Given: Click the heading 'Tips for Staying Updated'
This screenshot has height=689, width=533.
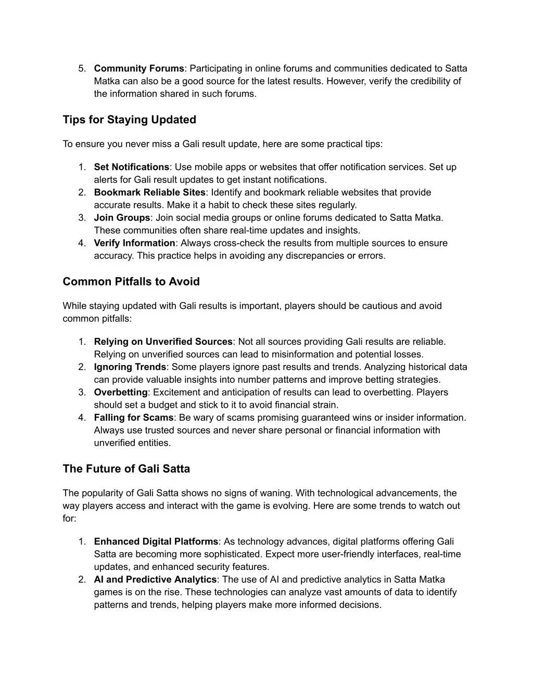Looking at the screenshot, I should (x=129, y=120).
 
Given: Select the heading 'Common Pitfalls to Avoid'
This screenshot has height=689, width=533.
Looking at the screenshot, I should (x=131, y=281).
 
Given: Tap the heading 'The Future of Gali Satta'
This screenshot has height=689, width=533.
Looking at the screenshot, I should (x=126, y=469).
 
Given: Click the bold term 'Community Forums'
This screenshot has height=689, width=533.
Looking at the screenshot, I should (x=139, y=69).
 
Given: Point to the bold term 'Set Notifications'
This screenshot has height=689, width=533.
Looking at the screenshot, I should (x=131, y=167).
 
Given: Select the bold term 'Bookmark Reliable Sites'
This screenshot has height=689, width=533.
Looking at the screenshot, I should (x=149, y=192).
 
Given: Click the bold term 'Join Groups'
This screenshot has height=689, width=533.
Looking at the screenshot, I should (x=122, y=218).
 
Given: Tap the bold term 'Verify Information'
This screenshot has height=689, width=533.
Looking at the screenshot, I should (x=134, y=243).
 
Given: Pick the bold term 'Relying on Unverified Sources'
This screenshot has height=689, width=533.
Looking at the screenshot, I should (x=163, y=342).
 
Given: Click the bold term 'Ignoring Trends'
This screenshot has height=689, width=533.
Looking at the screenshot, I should (x=130, y=367).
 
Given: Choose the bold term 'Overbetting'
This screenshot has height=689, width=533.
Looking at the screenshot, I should (x=121, y=392).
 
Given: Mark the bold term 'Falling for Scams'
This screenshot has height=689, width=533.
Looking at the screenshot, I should (x=133, y=418).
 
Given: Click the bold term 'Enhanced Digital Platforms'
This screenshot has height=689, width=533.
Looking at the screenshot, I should (x=156, y=541).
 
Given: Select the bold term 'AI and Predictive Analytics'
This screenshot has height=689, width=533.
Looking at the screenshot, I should (x=155, y=579).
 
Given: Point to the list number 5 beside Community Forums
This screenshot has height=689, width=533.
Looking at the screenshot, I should (x=81, y=69).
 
